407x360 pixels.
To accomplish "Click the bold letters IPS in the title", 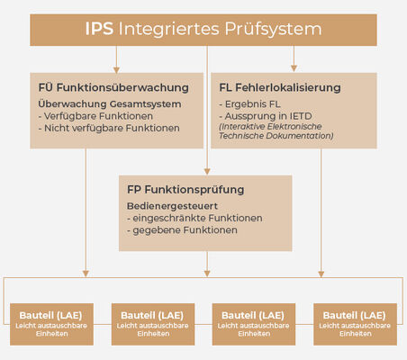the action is tap(99, 29).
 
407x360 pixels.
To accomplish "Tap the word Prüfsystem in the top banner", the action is tap(273, 30).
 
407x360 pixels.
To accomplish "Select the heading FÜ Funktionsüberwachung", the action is tap(113, 87).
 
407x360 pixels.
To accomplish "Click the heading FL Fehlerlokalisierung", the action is tap(280, 87).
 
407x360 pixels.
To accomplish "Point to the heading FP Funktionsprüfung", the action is tap(185, 190).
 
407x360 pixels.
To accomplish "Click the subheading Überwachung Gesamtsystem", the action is tap(110, 104).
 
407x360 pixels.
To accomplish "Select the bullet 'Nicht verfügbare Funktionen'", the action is tap(109, 128).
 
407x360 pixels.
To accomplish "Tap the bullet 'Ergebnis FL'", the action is tap(249, 104).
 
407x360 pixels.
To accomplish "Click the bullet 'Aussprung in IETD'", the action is tap(266, 116).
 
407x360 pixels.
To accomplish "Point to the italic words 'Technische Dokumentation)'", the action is tap(276, 136).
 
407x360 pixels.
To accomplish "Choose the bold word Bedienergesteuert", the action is tap(172, 206).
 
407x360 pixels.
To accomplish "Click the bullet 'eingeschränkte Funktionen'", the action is tap(194, 218).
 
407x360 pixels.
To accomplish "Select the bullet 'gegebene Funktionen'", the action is tap(182, 230).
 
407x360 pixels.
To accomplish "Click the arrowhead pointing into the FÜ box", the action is tap(116, 70).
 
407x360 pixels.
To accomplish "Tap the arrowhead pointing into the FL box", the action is tap(294, 68).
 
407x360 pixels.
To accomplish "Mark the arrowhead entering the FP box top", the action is tap(207, 171).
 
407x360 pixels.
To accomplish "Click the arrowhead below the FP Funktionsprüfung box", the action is tap(207, 274).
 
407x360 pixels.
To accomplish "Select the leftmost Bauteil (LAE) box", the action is tap(51, 324).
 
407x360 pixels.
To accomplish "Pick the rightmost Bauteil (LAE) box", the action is tap(355, 324).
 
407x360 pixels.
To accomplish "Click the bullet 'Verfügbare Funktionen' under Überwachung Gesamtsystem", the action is tap(95, 116).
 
